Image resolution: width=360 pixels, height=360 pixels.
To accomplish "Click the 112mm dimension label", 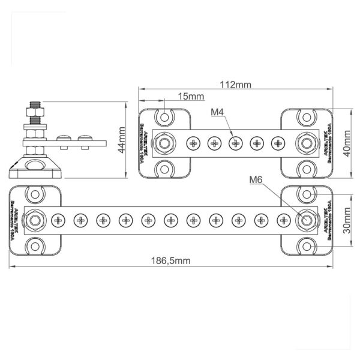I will click(235, 84).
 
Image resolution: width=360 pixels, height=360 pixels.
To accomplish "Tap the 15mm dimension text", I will click(191, 96).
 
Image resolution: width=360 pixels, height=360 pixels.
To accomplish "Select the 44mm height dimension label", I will click(122, 140).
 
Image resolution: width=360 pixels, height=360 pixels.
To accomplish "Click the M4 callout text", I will click(218, 112).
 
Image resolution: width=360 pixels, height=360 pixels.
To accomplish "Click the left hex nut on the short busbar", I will click(164, 143).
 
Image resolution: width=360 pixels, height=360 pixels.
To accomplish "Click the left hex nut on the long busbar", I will click(34, 221).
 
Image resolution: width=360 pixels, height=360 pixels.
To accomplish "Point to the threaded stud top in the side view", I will click(34, 107).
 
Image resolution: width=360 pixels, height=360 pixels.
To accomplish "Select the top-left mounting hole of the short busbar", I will click(164, 116).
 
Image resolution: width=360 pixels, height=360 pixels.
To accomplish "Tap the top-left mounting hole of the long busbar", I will click(34, 195).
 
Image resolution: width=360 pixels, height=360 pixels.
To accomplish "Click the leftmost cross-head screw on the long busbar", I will click(58, 221).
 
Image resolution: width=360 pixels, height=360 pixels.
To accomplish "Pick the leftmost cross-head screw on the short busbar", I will click(193, 143).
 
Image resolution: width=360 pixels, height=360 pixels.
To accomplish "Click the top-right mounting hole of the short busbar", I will click(307, 116).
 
